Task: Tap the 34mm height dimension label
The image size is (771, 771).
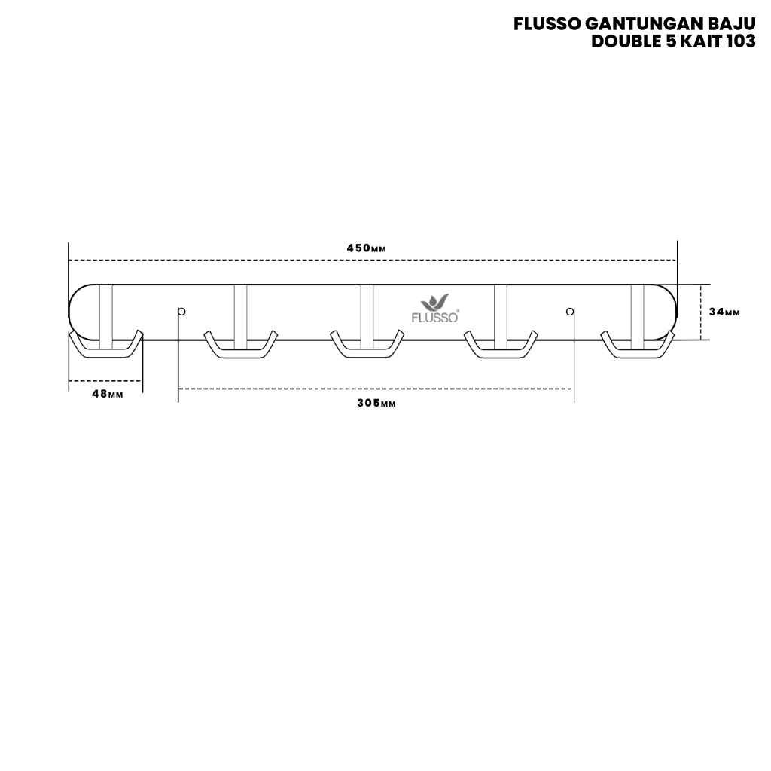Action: pos(725,312)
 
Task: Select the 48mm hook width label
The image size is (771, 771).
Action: pos(107,395)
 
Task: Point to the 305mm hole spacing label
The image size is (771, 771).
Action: pos(376,403)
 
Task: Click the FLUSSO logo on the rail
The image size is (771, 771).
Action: pos(435,309)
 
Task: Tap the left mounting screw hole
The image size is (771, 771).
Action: pos(181,311)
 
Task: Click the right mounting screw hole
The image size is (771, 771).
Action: pos(570,311)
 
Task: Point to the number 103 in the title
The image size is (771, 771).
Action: pos(739,42)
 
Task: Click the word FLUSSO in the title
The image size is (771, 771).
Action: pos(547,25)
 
